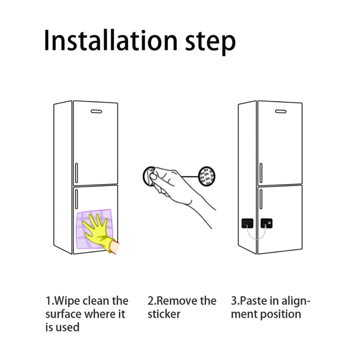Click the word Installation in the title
pos(111,40)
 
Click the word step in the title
pos(210,43)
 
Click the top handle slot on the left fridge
pos(96,112)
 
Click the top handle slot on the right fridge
pos(281,112)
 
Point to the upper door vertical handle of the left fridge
pos(77,173)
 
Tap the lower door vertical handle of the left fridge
pos(77,199)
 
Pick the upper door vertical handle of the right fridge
pos(261,173)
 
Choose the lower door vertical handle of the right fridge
pos(261,199)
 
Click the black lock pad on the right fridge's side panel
pos(247,223)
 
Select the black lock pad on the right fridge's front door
pos(266,223)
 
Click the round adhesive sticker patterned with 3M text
pos(206,176)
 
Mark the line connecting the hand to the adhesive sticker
pos(190,176)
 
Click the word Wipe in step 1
pos(67,301)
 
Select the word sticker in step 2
pos(164,314)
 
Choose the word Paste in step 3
pos(254,301)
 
